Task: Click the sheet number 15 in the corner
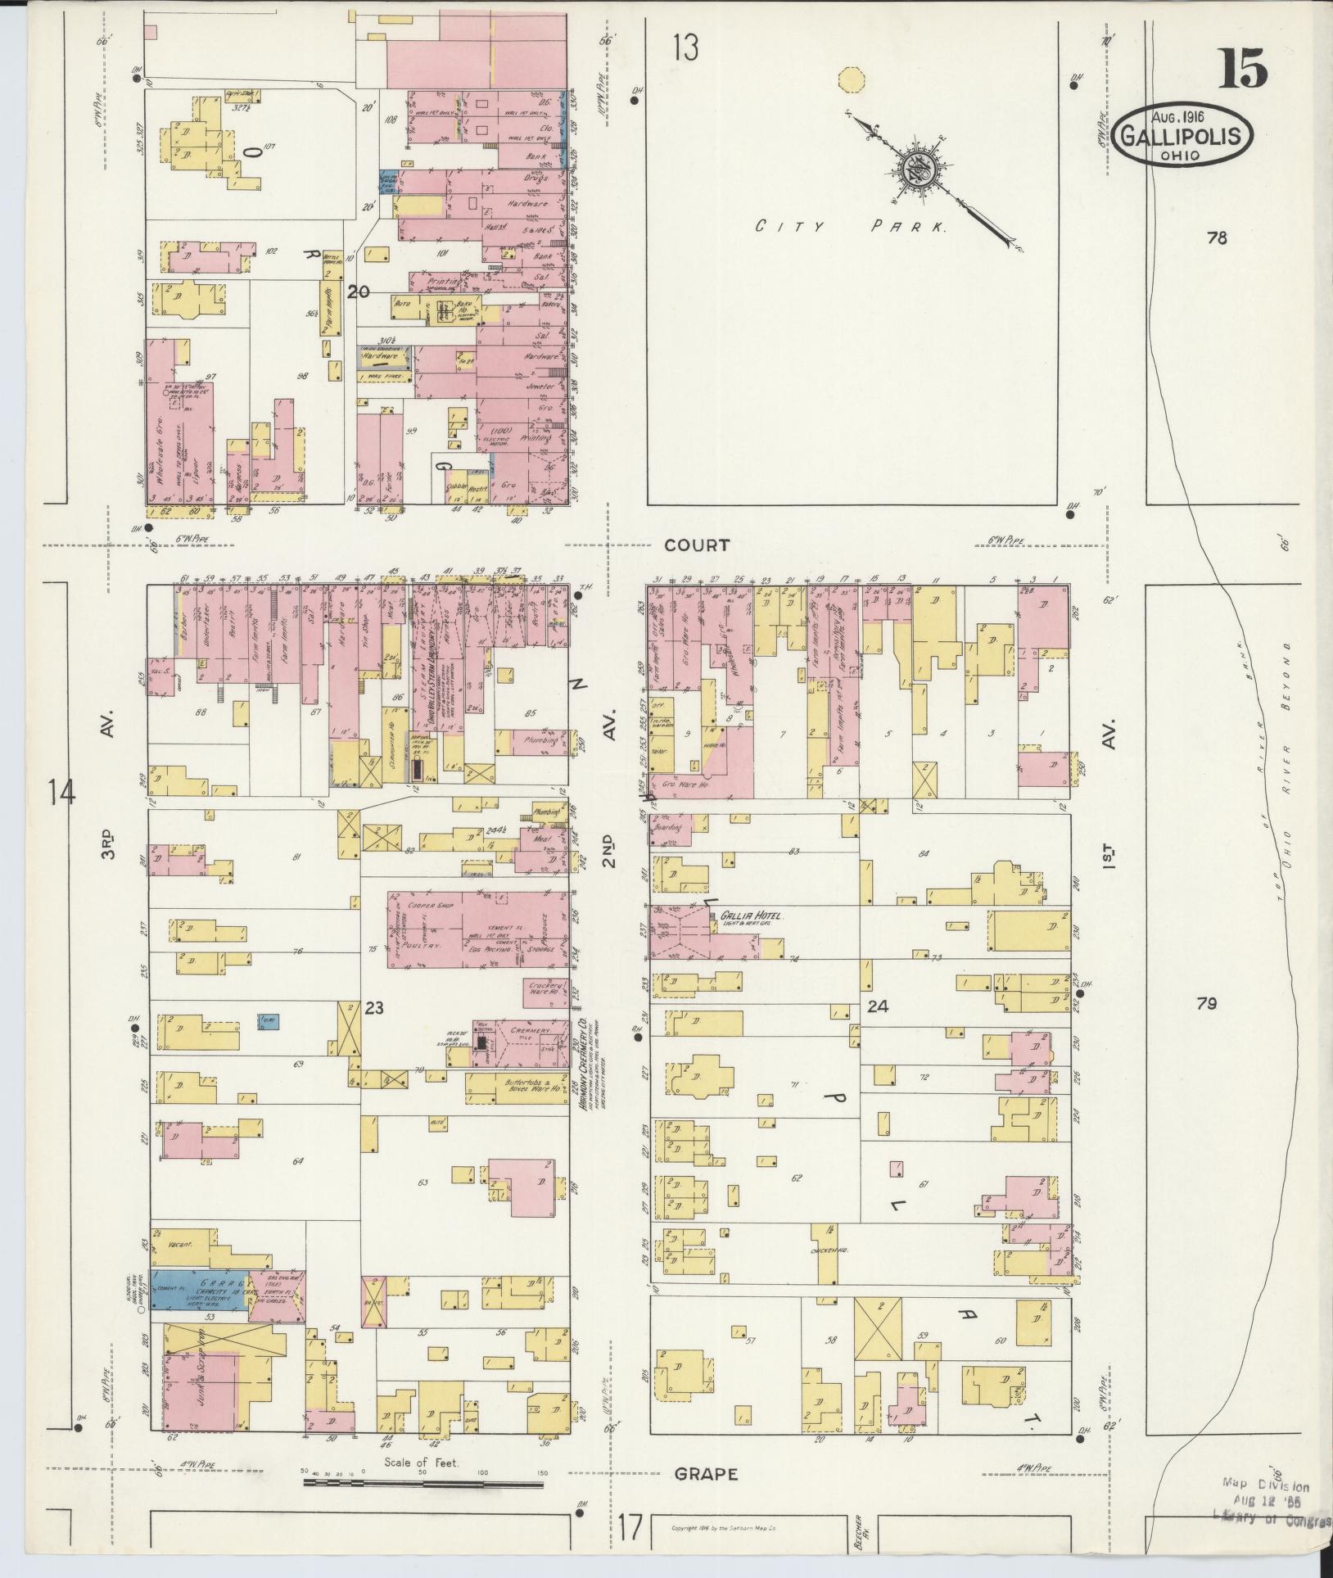coord(1242,69)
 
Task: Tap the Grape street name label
coord(706,1475)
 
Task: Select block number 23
coord(373,1009)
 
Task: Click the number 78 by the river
coord(1217,238)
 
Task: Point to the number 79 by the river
coord(1206,1003)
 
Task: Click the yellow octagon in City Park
coord(852,80)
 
